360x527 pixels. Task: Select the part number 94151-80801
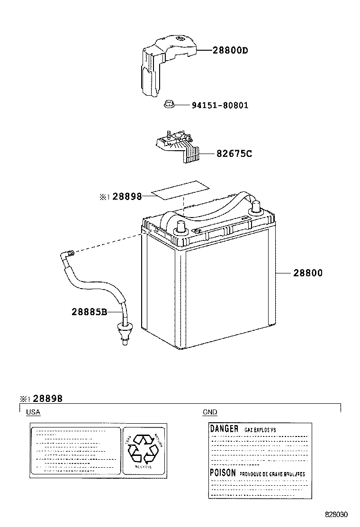(x=220, y=105)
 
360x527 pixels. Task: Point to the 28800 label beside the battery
(x=308, y=273)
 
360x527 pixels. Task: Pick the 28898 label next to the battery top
(x=127, y=196)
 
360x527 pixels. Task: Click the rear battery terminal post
(x=256, y=206)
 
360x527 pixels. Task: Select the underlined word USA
(x=33, y=412)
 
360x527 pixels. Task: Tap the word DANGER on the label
(x=224, y=428)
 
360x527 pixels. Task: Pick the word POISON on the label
(x=223, y=473)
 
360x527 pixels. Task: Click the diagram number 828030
(x=336, y=514)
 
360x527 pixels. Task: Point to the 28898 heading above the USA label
(x=47, y=399)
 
